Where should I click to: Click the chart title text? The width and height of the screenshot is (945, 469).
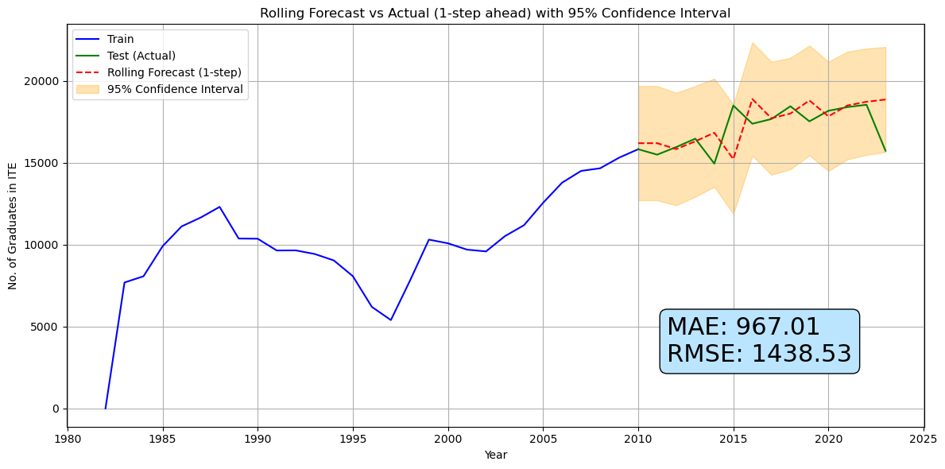[494, 13]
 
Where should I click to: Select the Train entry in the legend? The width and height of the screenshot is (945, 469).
[121, 39]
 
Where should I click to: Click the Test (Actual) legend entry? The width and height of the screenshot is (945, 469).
[141, 56]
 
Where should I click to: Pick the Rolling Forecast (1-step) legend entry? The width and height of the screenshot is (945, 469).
[174, 72]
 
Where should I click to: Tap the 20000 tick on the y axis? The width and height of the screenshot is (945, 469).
[45, 81]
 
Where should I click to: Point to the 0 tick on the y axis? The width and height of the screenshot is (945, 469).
[56, 409]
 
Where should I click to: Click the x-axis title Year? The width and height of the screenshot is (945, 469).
[495, 455]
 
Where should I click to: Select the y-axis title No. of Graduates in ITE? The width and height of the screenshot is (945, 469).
[13, 226]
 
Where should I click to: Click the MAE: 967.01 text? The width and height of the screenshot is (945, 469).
[743, 327]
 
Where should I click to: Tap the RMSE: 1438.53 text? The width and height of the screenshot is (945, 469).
[759, 355]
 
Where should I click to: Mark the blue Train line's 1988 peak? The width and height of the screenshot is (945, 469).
[219, 207]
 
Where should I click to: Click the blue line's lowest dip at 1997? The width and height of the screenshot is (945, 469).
[391, 320]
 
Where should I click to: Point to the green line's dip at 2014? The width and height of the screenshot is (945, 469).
[715, 164]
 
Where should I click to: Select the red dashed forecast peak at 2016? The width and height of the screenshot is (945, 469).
[752, 99]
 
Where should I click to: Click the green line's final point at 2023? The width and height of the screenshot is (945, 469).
[885, 151]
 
